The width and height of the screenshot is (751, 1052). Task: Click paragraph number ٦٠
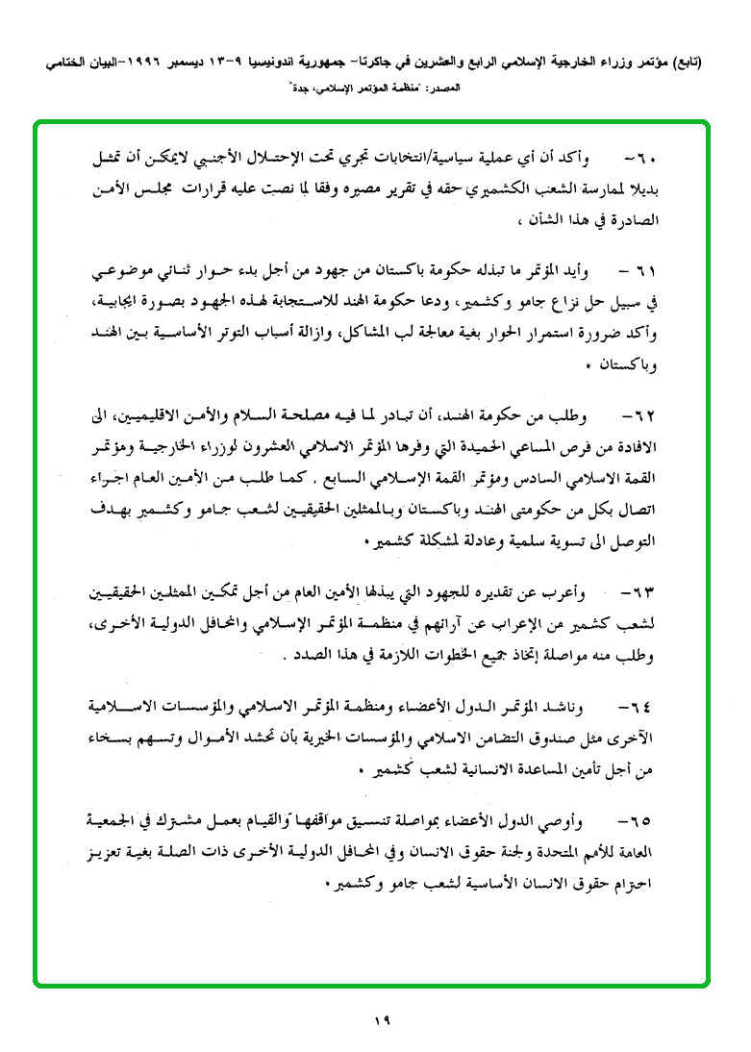(x=640, y=157)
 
